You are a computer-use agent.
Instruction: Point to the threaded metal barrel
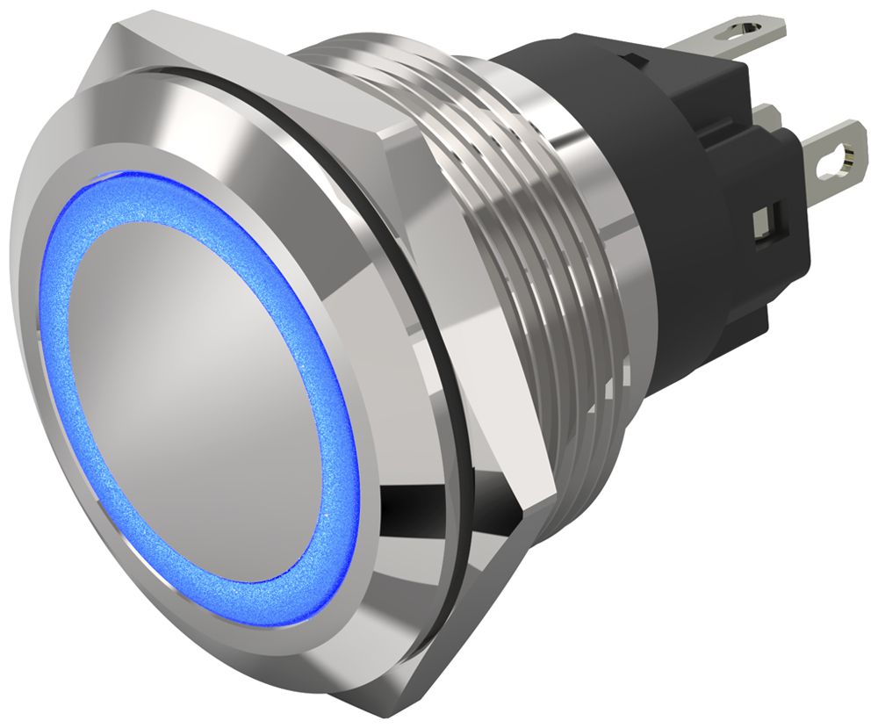pos(492,220)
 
